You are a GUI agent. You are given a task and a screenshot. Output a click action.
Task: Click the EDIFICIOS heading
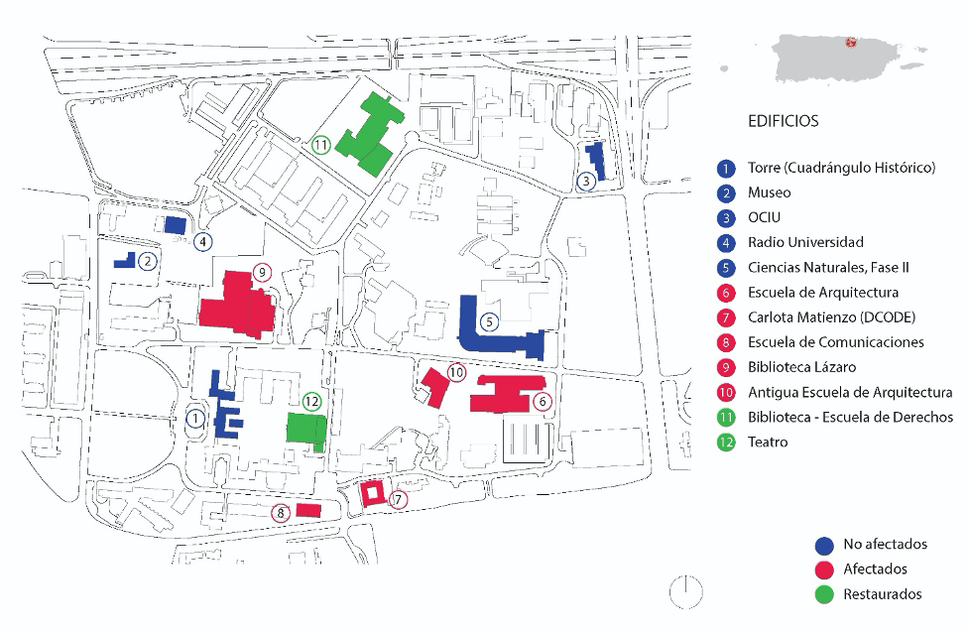coord(783,121)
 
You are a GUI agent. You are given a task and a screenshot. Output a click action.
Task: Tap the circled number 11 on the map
coord(321,145)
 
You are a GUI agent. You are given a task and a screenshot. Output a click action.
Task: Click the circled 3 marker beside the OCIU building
coord(587,181)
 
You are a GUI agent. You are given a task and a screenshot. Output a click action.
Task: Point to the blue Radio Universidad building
coord(176,225)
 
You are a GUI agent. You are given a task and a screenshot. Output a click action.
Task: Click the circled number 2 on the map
coord(148,262)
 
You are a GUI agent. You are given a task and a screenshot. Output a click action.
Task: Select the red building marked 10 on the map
coord(433,385)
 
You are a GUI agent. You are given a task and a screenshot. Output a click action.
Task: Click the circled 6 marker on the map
coord(542,402)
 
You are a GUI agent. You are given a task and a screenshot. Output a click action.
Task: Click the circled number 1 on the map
coord(195,419)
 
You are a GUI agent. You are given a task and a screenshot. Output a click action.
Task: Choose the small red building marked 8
coord(308,510)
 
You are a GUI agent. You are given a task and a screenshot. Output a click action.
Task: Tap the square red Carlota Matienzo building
coord(372,493)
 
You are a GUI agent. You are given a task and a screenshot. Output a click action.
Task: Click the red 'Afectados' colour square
coord(823,570)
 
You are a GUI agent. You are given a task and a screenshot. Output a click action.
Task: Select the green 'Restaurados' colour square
coord(823,594)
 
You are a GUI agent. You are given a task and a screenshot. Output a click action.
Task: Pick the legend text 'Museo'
coord(769,193)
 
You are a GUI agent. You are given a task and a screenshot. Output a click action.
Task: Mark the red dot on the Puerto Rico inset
coord(850,42)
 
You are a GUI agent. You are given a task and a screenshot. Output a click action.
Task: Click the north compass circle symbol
coord(685,591)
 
